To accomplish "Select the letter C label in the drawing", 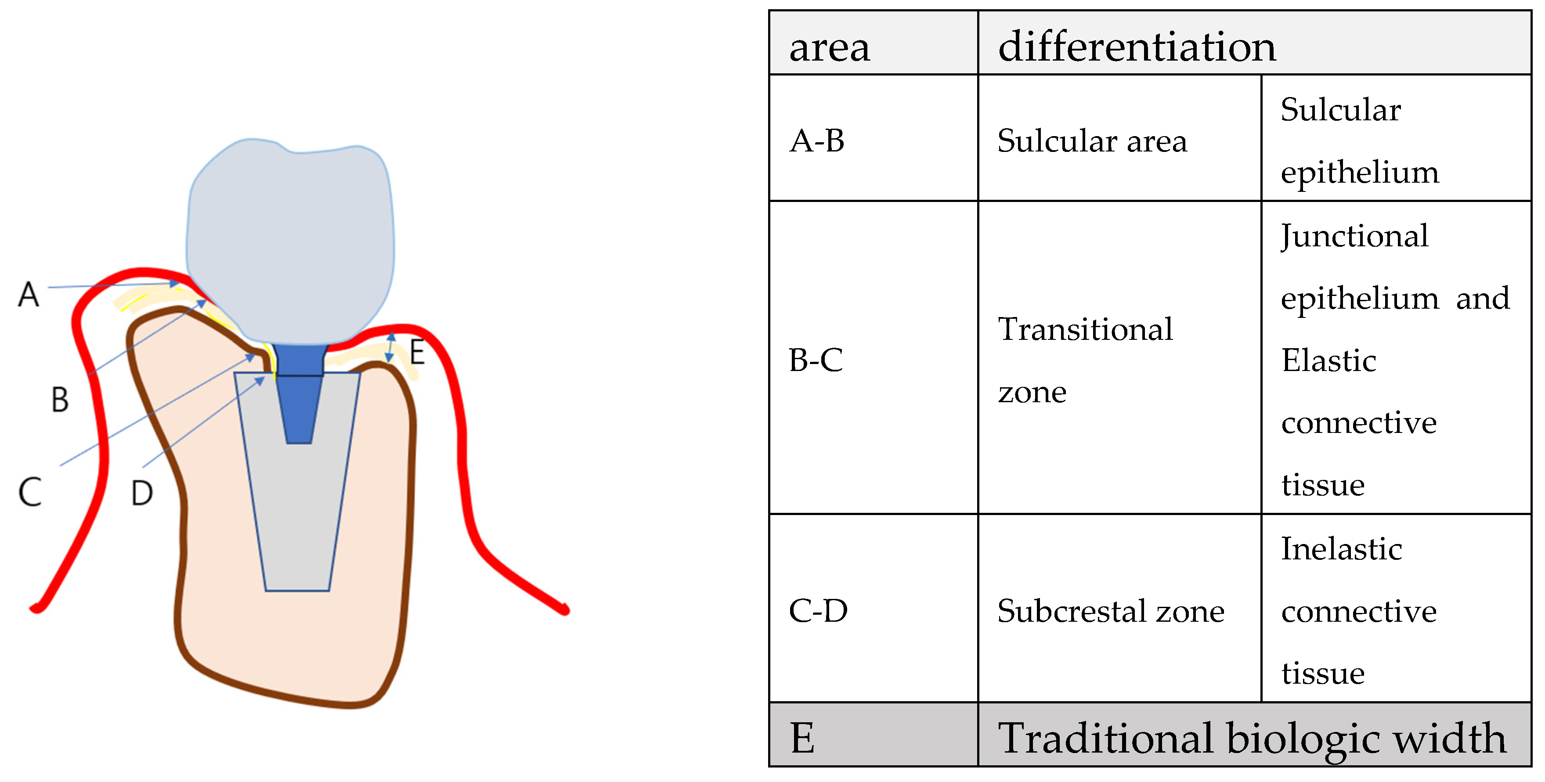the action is [30, 492].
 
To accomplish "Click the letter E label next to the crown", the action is [418, 352].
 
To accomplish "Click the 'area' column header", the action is [830, 47].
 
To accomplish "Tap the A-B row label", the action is [817, 141].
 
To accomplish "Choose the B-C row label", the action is [816, 360].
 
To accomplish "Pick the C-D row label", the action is [818, 610].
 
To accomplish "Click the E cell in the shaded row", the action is [802, 737].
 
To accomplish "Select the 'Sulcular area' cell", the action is [1092, 141].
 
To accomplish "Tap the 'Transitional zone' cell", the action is [1084, 360].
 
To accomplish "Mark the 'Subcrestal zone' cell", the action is [1111, 610].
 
